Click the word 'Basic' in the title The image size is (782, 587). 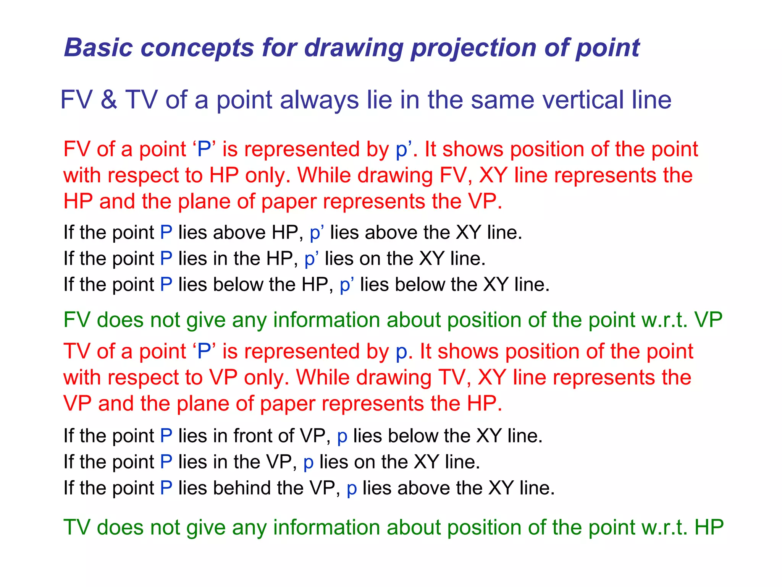pos(99,48)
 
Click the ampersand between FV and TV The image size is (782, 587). pos(109,100)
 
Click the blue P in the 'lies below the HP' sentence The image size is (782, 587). pos(166,285)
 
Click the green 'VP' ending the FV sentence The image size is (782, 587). pos(709,320)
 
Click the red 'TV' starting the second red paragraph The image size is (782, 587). pos(76,352)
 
